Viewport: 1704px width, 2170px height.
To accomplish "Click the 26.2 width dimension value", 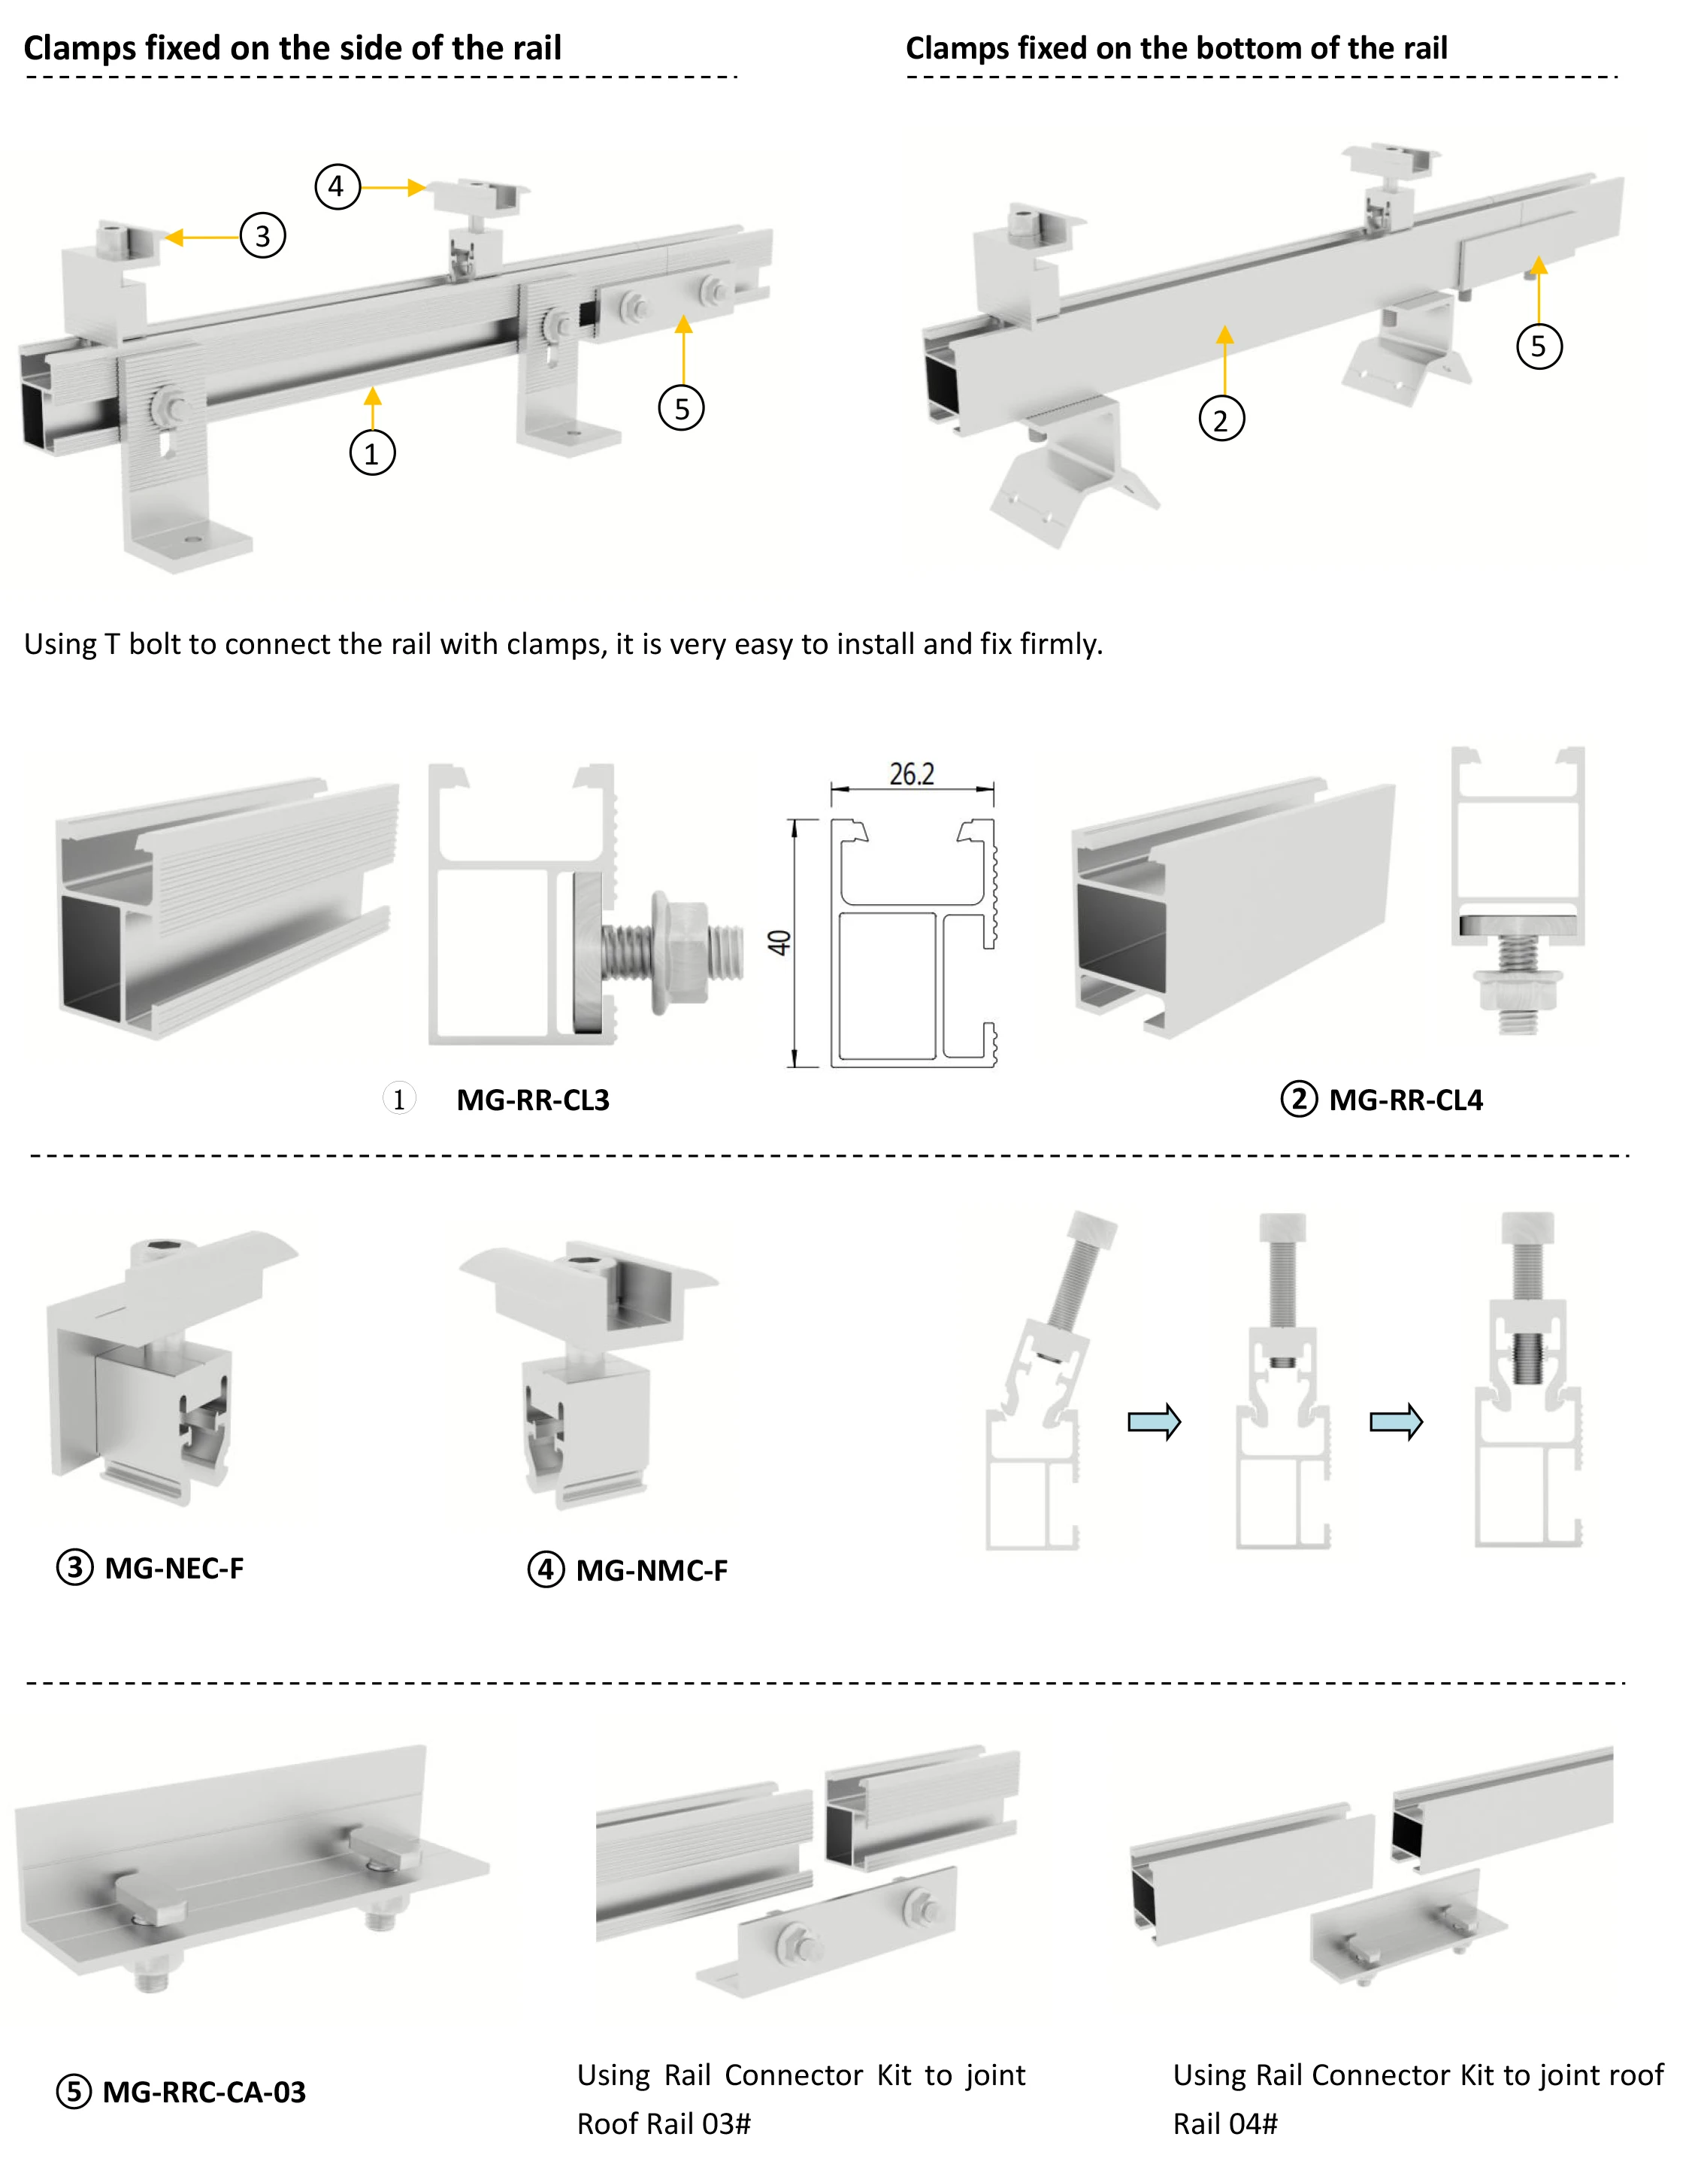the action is [911, 774].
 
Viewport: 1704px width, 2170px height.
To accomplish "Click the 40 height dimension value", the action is [779, 942].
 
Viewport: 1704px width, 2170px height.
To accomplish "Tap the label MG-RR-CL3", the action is [533, 1100].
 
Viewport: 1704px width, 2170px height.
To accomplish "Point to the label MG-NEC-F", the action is [174, 1569].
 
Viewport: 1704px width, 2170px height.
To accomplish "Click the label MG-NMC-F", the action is [652, 1570].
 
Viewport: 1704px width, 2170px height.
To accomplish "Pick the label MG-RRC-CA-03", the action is [204, 2092].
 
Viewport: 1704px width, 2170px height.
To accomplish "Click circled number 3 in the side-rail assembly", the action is [262, 237].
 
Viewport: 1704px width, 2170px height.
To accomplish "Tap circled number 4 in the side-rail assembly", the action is [337, 186].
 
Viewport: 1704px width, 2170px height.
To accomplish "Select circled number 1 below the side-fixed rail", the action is [372, 453].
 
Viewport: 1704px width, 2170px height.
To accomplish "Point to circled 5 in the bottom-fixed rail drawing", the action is [1539, 347].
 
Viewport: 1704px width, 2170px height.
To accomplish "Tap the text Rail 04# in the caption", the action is [1224, 2124].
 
